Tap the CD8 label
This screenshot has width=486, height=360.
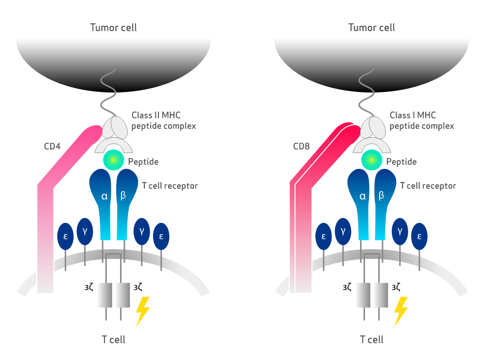[x=302, y=146]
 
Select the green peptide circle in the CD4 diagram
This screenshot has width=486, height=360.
[x=113, y=160]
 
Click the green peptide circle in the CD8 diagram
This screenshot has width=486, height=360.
[x=371, y=160]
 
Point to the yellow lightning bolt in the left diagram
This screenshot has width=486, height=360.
[x=142, y=311]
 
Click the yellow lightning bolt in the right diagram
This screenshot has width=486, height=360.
[x=401, y=311]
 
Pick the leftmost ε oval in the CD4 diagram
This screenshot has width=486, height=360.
[x=66, y=236]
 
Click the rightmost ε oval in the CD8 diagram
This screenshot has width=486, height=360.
[x=419, y=236]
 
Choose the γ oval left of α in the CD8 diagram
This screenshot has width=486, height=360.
[x=343, y=231]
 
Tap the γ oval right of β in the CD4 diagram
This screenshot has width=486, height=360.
[x=141, y=231]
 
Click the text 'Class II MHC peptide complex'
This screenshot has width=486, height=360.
[x=164, y=121]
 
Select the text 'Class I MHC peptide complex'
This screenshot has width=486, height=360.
[x=421, y=121]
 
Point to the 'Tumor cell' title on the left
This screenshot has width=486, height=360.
[x=113, y=27]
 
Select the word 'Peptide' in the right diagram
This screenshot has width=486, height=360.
[x=401, y=162]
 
